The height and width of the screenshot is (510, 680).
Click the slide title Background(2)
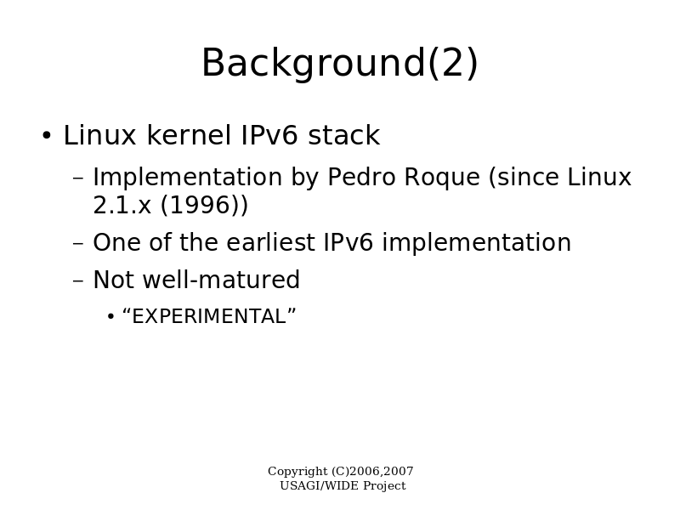click(x=340, y=63)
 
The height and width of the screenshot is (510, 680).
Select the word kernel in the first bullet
click(x=189, y=135)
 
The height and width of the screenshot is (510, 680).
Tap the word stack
click(x=344, y=135)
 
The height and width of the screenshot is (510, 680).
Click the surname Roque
click(x=442, y=178)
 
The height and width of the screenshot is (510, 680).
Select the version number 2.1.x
click(x=122, y=205)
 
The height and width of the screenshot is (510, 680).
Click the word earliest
click(x=270, y=242)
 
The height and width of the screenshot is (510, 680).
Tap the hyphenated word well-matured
click(x=221, y=280)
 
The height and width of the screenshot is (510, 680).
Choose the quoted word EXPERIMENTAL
click(x=209, y=316)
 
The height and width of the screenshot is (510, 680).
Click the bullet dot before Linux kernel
click(x=47, y=136)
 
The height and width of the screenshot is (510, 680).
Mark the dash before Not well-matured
click(x=78, y=280)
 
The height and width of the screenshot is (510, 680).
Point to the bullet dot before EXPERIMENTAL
click(x=110, y=317)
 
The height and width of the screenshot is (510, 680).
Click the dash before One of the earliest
click(x=78, y=243)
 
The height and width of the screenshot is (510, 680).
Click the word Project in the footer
click(x=384, y=486)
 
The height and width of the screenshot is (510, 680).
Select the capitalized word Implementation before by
click(x=187, y=178)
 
